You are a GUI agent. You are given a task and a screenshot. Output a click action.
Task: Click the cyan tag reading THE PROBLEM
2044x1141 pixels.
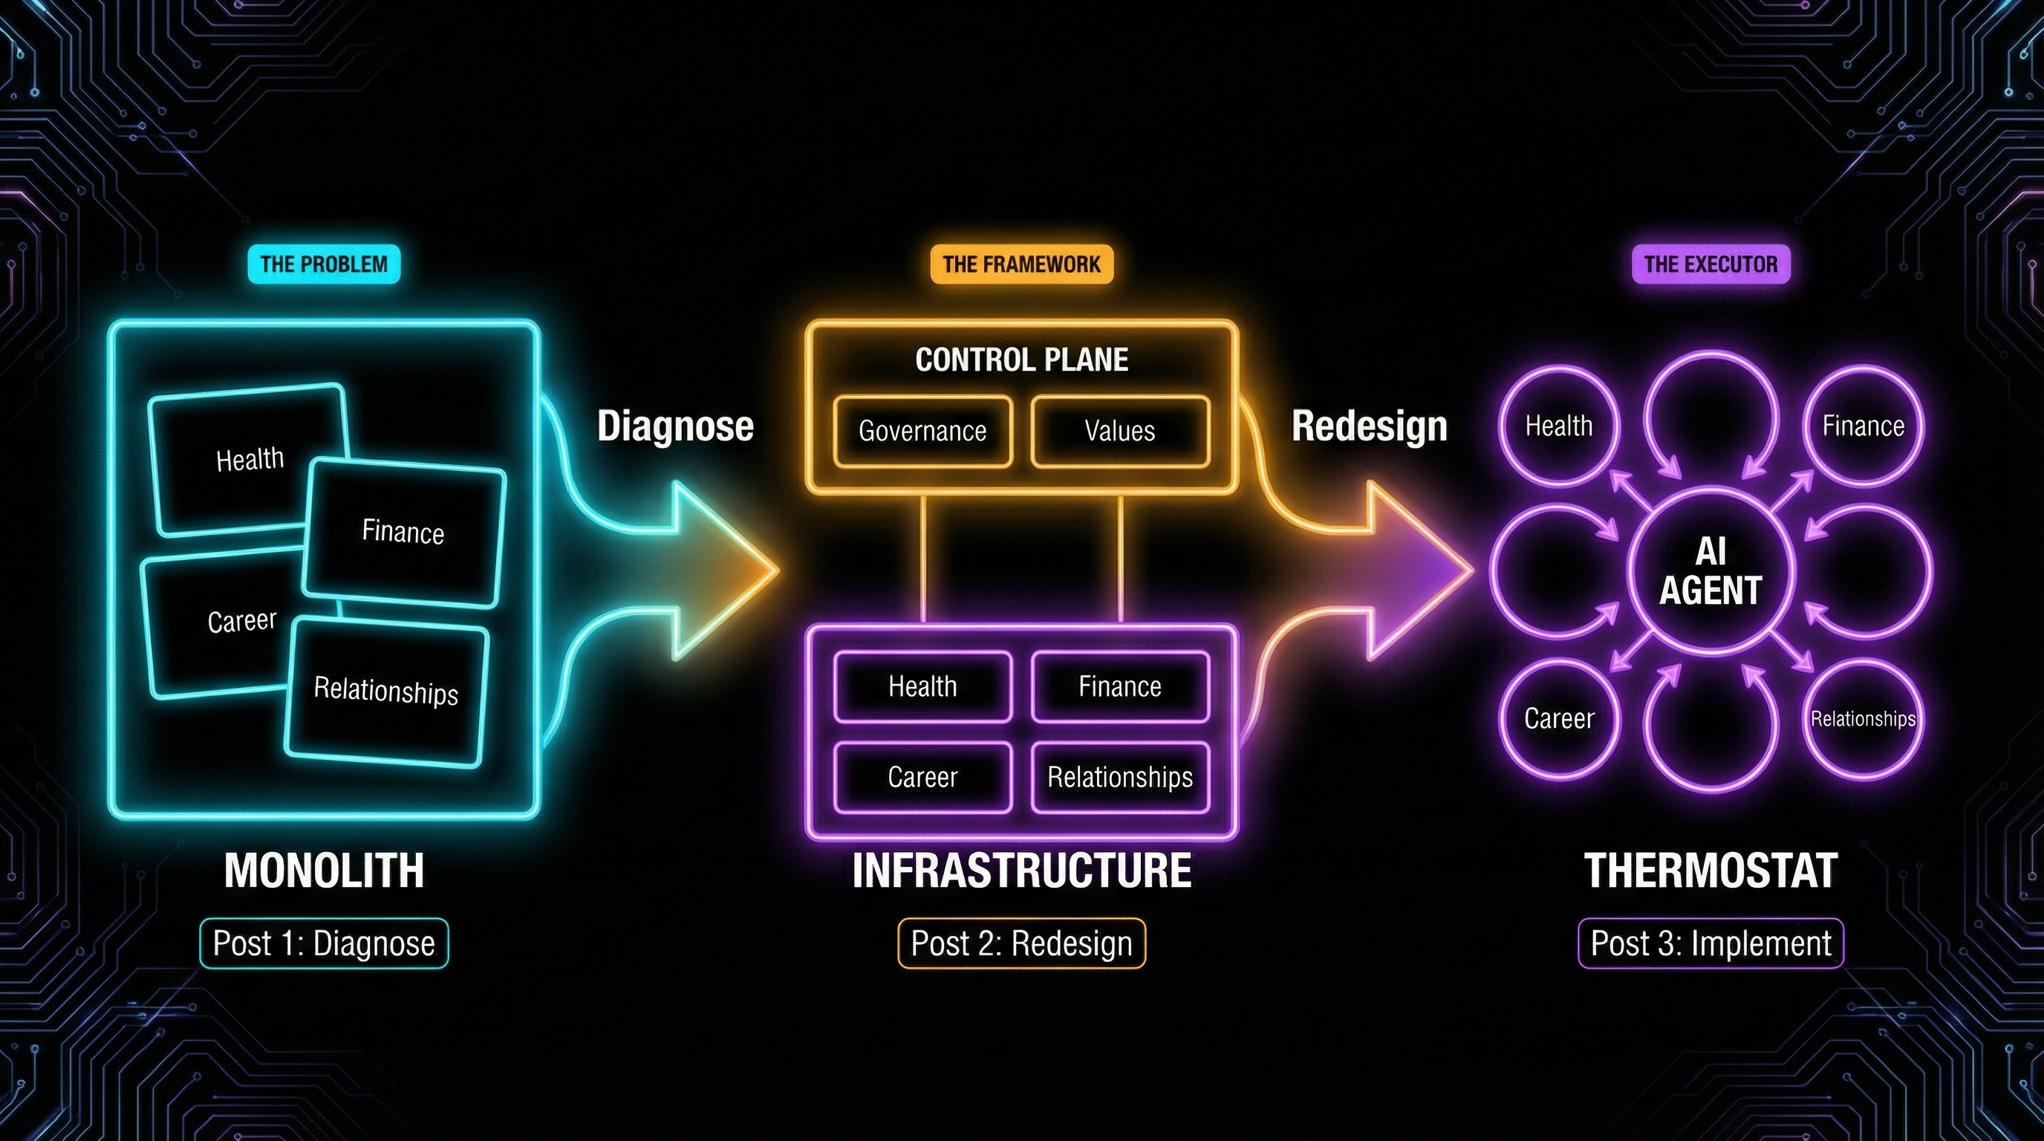pyautogui.click(x=324, y=264)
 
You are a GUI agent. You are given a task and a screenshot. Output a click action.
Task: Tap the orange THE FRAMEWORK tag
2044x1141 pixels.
pyautogui.click(x=1021, y=264)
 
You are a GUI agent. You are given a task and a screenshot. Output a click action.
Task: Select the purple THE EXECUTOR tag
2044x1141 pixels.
pyautogui.click(x=1710, y=264)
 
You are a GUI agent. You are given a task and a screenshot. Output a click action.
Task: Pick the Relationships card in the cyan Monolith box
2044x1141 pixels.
pyautogui.click(x=385, y=690)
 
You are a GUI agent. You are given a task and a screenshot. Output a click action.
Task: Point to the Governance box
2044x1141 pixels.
pyautogui.click(x=922, y=431)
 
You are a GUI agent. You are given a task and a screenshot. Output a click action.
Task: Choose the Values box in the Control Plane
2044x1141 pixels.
pyautogui.click(x=1119, y=431)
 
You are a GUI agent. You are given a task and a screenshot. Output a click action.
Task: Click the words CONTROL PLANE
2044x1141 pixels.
pyautogui.click(x=1021, y=360)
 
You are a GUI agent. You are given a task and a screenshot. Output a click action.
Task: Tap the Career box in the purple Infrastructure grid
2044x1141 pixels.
pyautogui.click(x=922, y=777)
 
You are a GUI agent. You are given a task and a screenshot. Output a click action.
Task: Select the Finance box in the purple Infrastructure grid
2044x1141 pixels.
pyautogui.click(x=1119, y=686)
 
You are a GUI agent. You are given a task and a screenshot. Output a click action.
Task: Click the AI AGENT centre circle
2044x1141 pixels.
pyautogui.click(x=1710, y=570)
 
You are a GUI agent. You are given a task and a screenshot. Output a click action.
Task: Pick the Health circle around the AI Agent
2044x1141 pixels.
pyautogui.click(x=1558, y=426)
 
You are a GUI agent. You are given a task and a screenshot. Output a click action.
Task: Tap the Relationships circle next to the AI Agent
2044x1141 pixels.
pyautogui.click(x=1862, y=719)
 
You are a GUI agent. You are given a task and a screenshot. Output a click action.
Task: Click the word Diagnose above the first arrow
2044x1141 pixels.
pyautogui.click(x=675, y=426)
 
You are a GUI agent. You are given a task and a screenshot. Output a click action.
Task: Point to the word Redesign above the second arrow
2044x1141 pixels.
pyautogui.click(x=1369, y=426)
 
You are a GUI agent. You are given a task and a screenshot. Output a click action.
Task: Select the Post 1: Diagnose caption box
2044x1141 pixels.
pyautogui.click(x=324, y=943)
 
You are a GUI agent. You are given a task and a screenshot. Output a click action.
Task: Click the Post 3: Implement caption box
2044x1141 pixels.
pyautogui.click(x=1710, y=943)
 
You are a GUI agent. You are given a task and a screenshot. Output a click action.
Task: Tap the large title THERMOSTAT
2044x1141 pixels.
pyautogui.click(x=1710, y=871)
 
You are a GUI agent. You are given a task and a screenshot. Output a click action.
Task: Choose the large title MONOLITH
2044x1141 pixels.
pyautogui.click(x=324, y=871)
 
